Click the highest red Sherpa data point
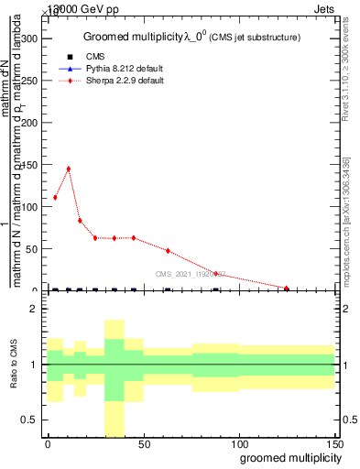(69, 169)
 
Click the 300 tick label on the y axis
(28, 38)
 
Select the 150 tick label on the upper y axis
(28, 165)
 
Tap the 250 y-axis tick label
(28, 81)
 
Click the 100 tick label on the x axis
(238, 442)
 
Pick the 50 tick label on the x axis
(143, 442)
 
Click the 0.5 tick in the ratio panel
(29, 420)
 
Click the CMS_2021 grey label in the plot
(191, 274)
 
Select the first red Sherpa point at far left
(55, 197)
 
